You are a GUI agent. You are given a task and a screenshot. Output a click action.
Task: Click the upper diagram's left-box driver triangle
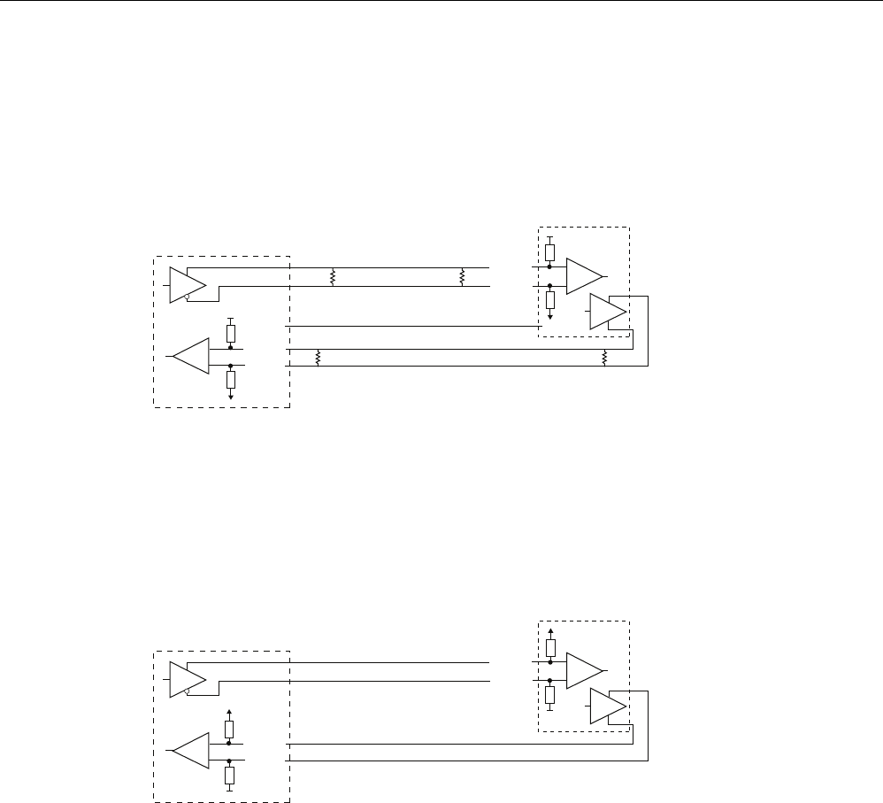(186, 284)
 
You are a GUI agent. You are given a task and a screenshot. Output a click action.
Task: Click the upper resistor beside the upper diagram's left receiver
(231, 334)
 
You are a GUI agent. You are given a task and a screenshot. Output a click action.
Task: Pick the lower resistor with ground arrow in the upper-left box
(231, 380)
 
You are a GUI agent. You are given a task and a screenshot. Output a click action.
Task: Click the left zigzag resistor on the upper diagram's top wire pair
(334, 276)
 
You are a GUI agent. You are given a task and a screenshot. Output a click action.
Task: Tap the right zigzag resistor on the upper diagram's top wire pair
(462, 276)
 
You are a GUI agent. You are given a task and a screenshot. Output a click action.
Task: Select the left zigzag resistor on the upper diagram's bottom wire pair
(317, 358)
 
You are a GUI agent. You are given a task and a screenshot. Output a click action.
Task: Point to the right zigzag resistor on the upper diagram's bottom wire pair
(604, 358)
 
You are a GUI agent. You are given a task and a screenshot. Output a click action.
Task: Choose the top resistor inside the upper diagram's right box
(550, 251)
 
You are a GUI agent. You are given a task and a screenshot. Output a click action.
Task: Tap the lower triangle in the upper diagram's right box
(607, 312)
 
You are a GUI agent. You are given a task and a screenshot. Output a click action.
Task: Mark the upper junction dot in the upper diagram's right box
(550, 266)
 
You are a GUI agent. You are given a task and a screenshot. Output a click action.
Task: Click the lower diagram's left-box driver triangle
(186, 679)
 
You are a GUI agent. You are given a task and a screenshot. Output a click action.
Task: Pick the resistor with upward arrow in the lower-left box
(230, 729)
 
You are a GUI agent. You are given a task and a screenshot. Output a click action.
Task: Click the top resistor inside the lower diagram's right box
(550, 646)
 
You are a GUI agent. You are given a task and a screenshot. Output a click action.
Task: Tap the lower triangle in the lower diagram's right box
(607, 706)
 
